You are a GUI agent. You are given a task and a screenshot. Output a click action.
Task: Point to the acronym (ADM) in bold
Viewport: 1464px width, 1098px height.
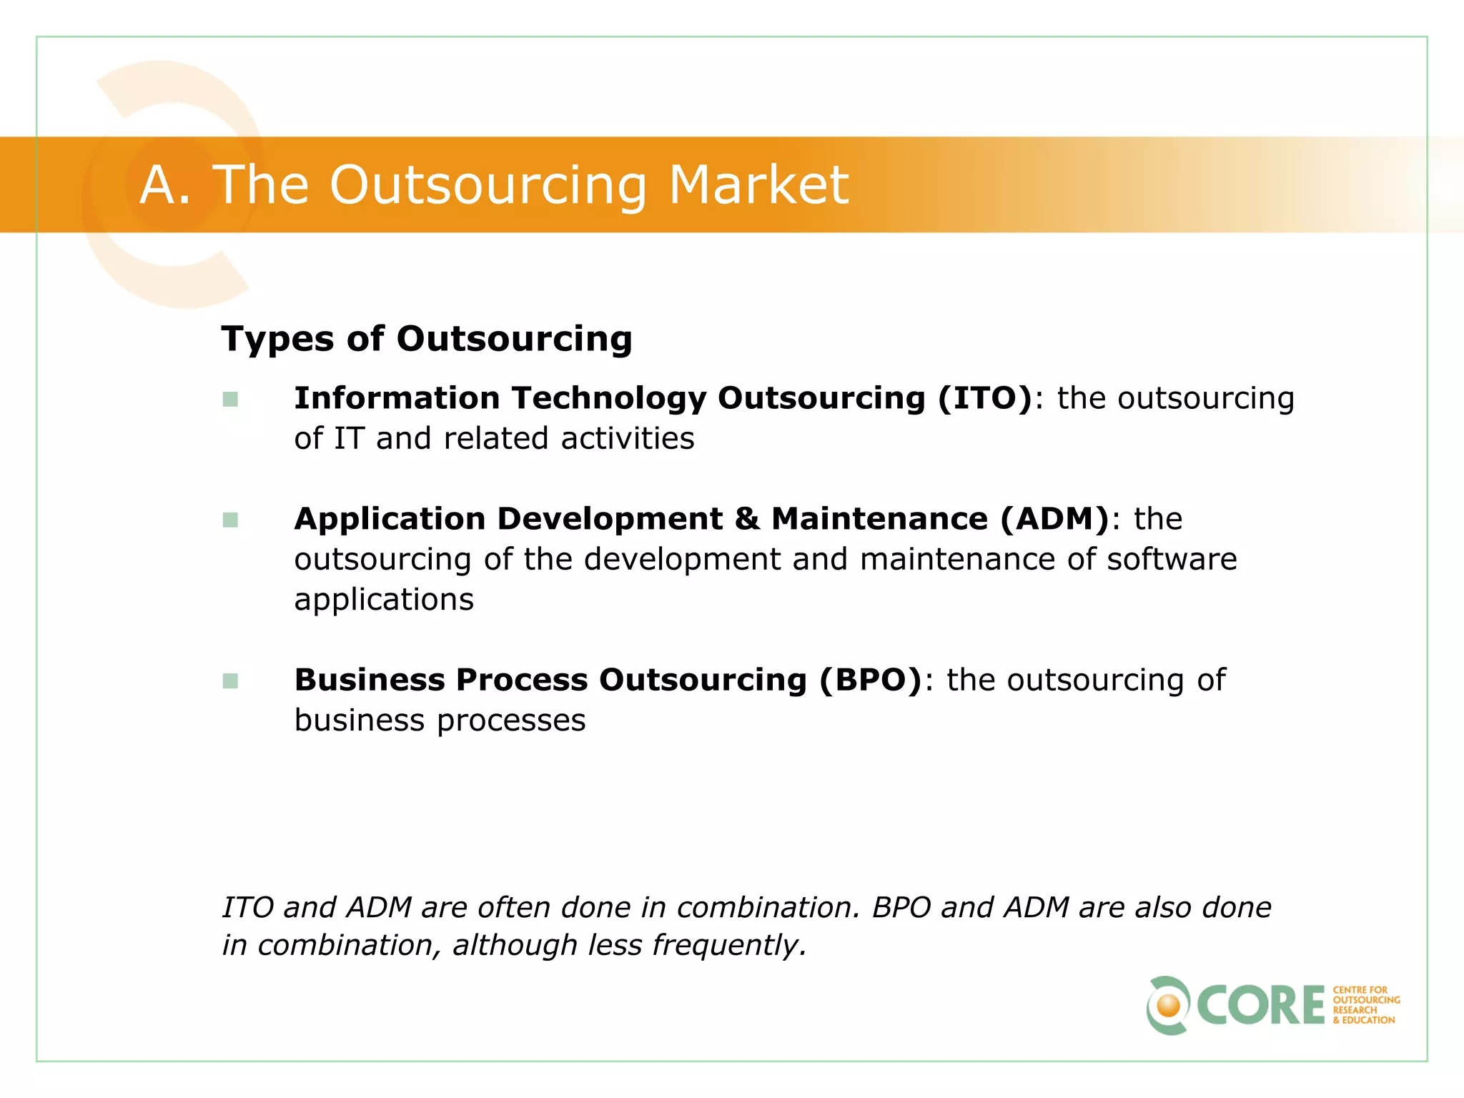pyautogui.click(x=1054, y=519)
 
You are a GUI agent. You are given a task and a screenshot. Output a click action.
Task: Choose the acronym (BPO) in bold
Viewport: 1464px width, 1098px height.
pyautogui.click(x=871, y=680)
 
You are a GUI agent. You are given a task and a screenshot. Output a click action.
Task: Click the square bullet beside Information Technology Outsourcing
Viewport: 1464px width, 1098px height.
pyautogui.click(x=230, y=400)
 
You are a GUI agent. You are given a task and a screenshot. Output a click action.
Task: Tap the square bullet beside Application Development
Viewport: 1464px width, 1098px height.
pyautogui.click(x=230, y=520)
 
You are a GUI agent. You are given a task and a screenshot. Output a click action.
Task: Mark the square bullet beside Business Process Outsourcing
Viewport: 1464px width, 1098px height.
pyautogui.click(x=230, y=681)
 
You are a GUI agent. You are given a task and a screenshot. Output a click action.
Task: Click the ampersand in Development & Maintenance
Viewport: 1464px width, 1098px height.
pyautogui.click(x=747, y=519)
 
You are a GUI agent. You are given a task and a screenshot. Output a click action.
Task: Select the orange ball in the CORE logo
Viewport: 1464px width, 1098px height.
pyautogui.click(x=1169, y=1006)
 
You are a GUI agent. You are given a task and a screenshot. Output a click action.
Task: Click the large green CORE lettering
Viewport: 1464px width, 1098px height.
pyautogui.click(x=1260, y=1006)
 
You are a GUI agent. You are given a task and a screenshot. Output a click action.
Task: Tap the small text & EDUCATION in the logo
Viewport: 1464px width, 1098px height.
pyautogui.click(x=1363, y=1021)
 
